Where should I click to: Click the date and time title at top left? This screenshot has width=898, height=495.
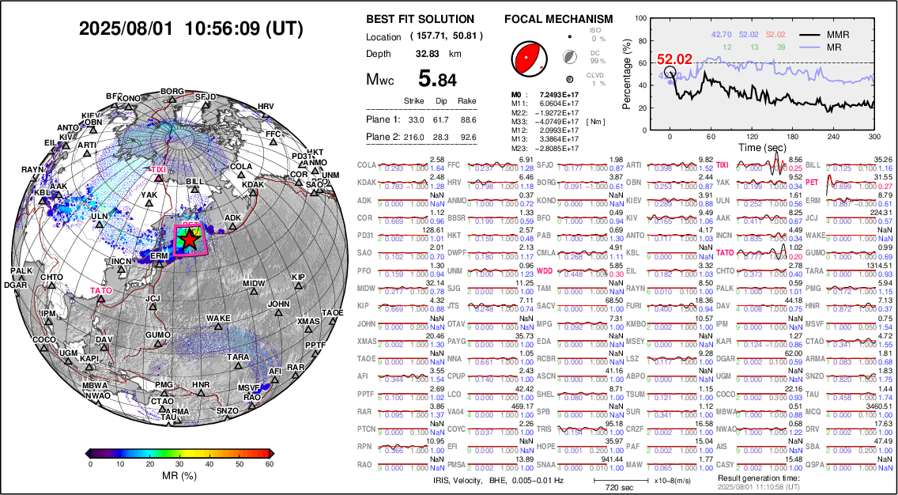click(x=191, y=28)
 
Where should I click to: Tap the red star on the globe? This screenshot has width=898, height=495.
click(x=189, y=241)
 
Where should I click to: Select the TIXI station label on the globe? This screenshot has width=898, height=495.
click(x=159, y=169)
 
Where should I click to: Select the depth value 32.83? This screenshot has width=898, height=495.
click(x=428, y=54)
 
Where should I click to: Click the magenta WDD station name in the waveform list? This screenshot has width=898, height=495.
click(x=545, y=270)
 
